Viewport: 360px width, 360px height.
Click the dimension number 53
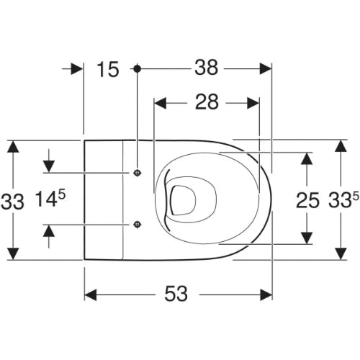tap(176, 294)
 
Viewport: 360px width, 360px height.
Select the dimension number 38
tap(207, 68)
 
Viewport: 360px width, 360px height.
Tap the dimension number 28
tap(207, 102)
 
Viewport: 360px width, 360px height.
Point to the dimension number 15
tap(108, 69)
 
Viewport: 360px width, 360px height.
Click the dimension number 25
tap(307, 200)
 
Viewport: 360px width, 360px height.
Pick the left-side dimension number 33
tap(12, 202)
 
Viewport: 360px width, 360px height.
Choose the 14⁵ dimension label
tap(50, 198)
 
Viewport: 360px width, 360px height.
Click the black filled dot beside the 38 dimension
tap(137, 69)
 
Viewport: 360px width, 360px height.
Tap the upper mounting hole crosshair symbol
tap(137, 173)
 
